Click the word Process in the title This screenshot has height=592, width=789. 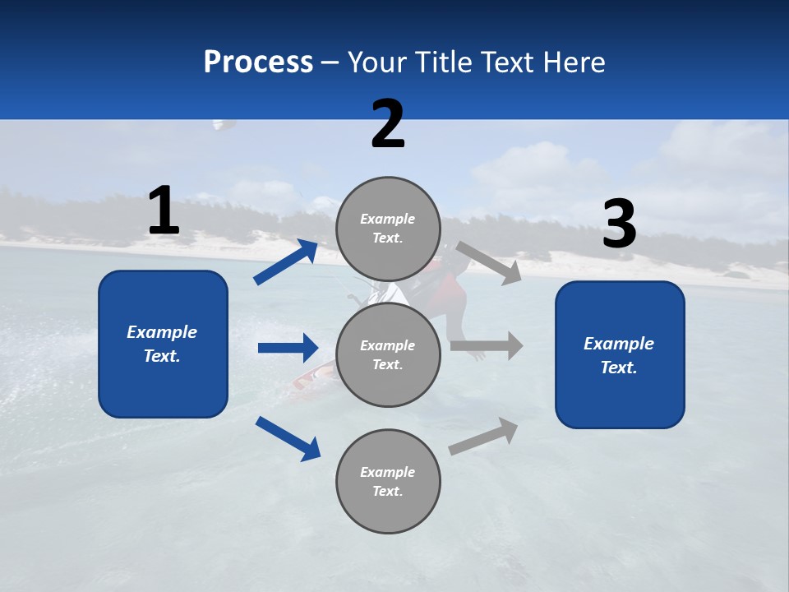click(x=258, y=62)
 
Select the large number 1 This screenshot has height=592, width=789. click(x=164, y=210)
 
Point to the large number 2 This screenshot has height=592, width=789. click(x=388, y=124)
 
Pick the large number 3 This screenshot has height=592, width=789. click(x=619, y=224)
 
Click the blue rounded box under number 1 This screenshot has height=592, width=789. click(x=163, y=344)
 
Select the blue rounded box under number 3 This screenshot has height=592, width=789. click(x=620, y=354)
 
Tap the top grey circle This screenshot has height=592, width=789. click(x=388, y=229)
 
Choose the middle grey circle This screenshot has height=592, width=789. click(x=388, y=354)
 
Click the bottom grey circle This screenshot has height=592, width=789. click(x=388, y=481)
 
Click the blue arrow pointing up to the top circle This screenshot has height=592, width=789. click(x=286, y=262)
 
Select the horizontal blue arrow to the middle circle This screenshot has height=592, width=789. click(x=288, y=348)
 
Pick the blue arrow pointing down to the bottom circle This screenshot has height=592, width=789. click(x=288, y=438)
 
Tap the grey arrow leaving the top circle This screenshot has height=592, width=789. click(x=489, y=262)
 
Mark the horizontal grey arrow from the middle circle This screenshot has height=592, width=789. click(x=487, y=346)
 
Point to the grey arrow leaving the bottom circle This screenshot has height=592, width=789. click(x=483, y=436)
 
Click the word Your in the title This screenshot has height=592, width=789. click(x=376, y=62)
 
